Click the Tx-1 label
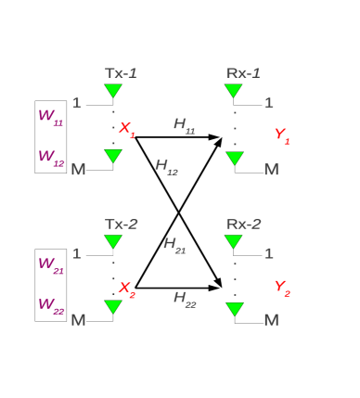pyautogui.click(x=121, y=72)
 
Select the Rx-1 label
pyautogui.click(x=243, y=72)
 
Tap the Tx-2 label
pyautogui.click(x=122, y=224)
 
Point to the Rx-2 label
pyautogui.click(x=244, y=224)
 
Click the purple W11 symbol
pyautogui.click(x=50, y=116)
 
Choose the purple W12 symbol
pyautogui.click(x=50, y=157)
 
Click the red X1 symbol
pyautogui.click(x=126, y=129)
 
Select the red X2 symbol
pyautogui.click(x=126, y=289)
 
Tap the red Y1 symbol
pyautogui.click(x=281, y=135)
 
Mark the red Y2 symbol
pyautogui.click(x=281, y=287)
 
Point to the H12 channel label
pyautogui.click(x=166, y=166)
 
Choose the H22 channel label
pyautogui.click(x=185, y=298)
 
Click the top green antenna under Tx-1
pyautogui.click(x=113, y=91)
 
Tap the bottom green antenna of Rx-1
pyautogui.click(x=235, y=158)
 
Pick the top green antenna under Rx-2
pyautogui.click(x=234, y=241)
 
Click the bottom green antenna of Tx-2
pyautogui.click(x=113, y=306)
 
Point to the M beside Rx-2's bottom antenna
pyautogui.click(x=271, y=320)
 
